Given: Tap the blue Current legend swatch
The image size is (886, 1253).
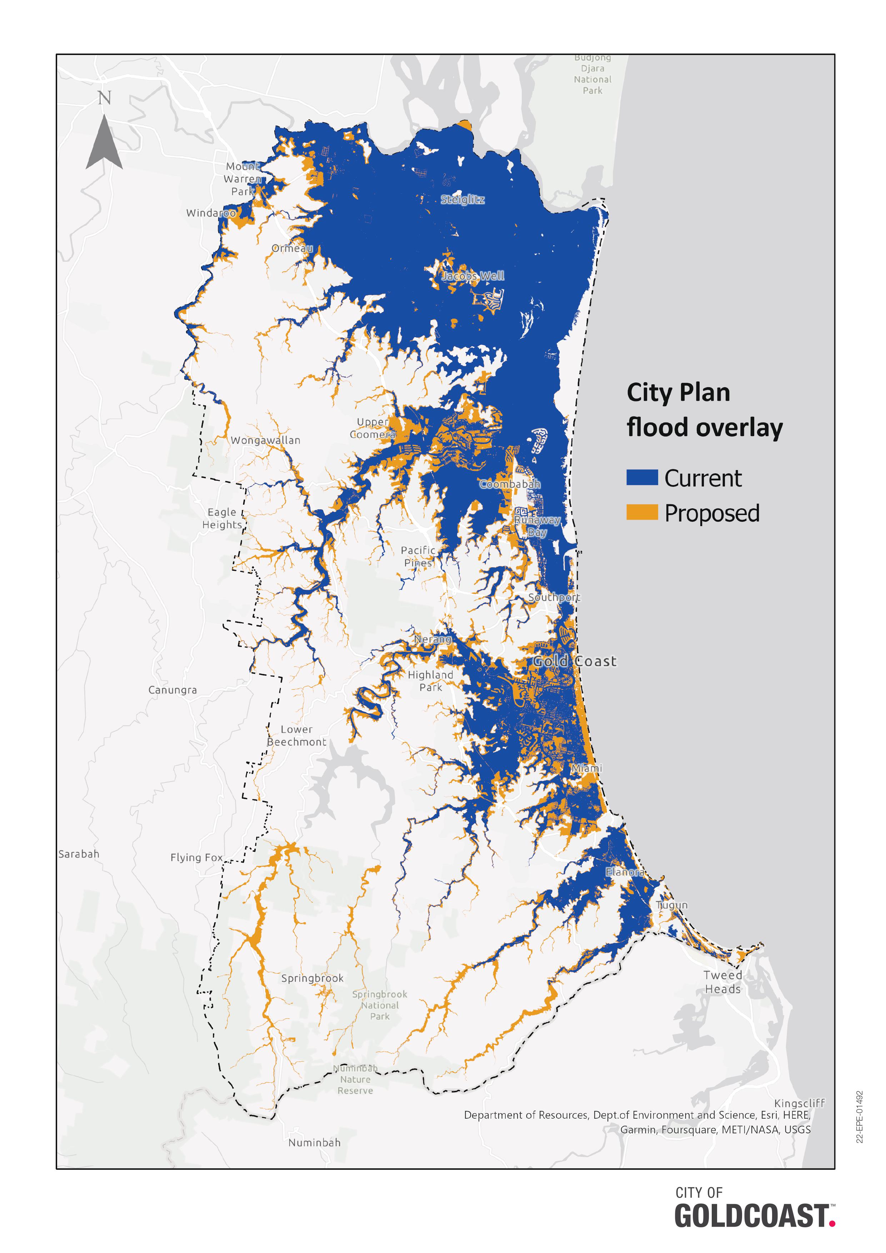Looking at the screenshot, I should (642, 478).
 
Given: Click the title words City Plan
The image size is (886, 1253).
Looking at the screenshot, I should (678, 393).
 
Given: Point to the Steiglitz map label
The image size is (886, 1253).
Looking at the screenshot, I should (462, 200).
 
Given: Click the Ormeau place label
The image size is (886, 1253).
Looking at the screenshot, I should (292, 248).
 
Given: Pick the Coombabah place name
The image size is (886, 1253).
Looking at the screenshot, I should (510, 484).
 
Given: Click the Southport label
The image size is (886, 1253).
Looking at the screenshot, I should (554, 598).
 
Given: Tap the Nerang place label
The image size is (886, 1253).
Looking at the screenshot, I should (432, 639).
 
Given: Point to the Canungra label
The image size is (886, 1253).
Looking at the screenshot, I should (172, 690).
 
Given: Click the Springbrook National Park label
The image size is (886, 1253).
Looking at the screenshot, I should (380, 1005).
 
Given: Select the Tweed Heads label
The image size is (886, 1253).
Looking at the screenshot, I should (723, 982).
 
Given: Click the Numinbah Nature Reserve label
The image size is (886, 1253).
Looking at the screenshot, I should (355, 1079).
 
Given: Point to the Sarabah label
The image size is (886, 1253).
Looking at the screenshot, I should (79, 854).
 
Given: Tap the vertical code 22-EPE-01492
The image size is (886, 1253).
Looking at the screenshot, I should (860, 1117).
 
